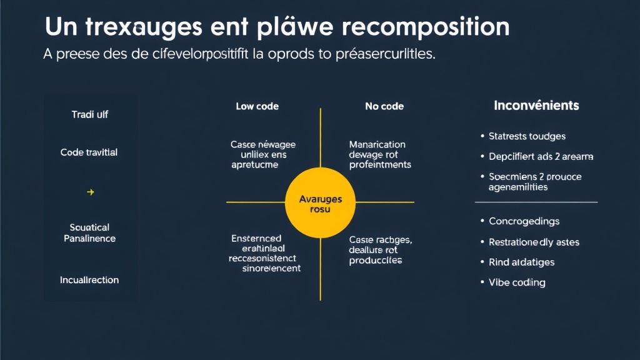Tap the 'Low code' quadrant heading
tap(257, 106)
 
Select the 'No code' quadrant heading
tap(384, 106)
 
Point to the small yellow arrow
tap(90, 192)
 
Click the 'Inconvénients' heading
tap(536, 106)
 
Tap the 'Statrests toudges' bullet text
tap(527, 136)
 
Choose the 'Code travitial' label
tap(89, 152)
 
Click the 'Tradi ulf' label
tap(89, 115)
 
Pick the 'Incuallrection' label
tap(89, 280)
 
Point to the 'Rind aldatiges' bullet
tap(521, 262)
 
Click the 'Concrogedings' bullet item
tap(524, 221)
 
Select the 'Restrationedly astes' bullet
tap(534, 242)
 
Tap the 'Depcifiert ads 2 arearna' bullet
tap(541, 156)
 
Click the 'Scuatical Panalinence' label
tap(89, 233)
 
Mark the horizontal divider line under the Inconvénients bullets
tap(536, 202)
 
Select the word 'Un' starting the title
tap(60, 27)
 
